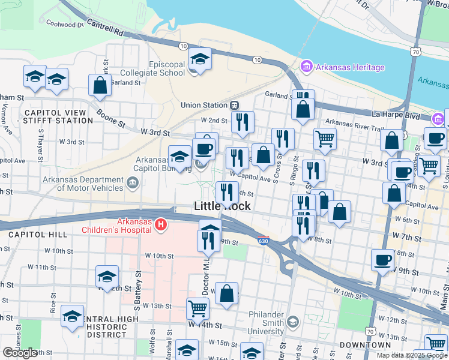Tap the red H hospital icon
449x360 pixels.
pyautogui.click(x=160, y=225)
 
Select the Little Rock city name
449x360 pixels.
pyautogui.click(x=222, y=206)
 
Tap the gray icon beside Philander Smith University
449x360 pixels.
pyautogui.click(x=292, y=322)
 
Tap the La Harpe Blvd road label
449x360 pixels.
pyautogui.click(x=394, y=113)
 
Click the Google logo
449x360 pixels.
pyautogui.click(x=20, y=352)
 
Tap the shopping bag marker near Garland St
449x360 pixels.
pyautogui.click(x=100, y=86)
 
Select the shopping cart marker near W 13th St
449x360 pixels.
pyautogui.click(x=197, y=308)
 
